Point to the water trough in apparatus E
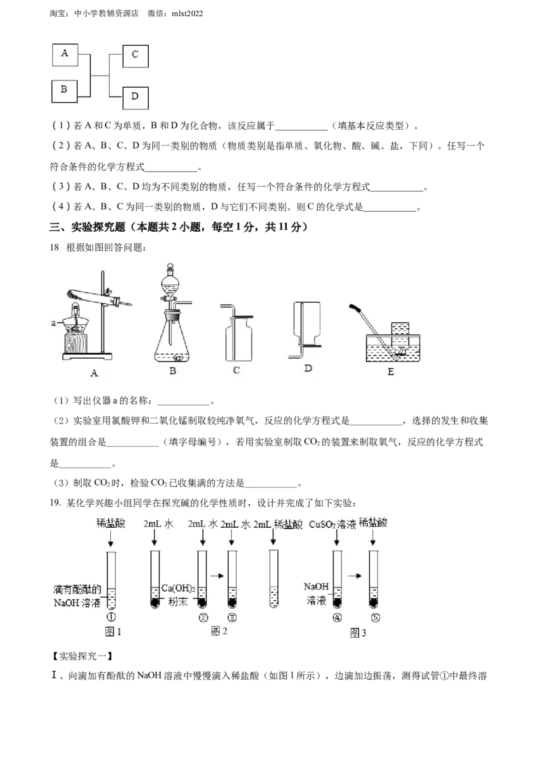(393, 348)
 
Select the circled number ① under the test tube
(112, 617)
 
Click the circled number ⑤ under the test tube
(375, 618)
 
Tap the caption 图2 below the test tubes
(218, 631)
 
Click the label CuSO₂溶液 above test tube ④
(333, 524)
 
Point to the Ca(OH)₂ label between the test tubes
(179, 589)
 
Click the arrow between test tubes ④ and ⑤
(355, 576)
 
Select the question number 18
(54, 248)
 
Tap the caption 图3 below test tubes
(358, 633)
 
